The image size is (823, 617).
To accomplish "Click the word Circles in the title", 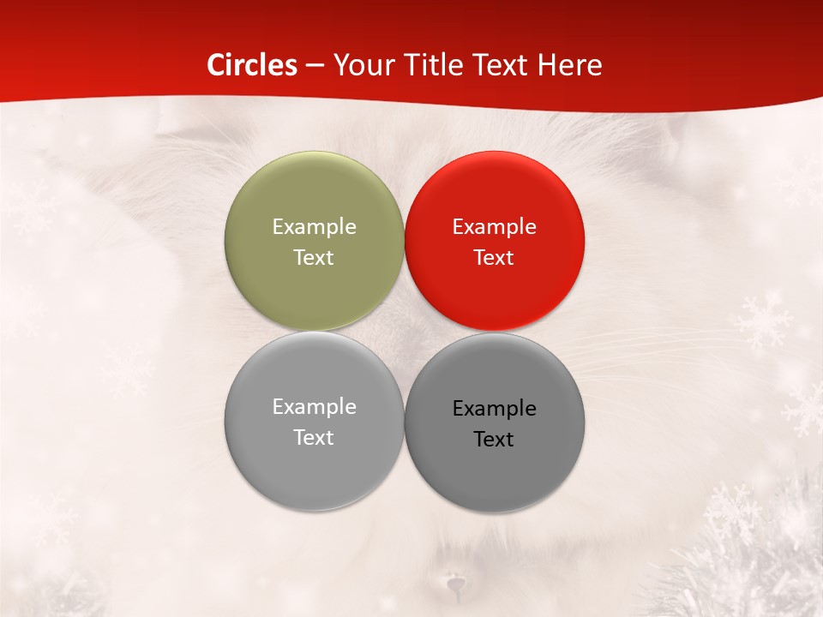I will pos(252,65).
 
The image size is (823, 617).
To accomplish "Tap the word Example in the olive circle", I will pos(314,226).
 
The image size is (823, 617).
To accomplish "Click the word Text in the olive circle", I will pos(314,257).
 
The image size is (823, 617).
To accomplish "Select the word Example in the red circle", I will pos(495,226).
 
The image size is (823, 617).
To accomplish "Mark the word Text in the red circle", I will pos(495,257).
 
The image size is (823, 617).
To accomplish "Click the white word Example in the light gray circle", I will pos(314,406).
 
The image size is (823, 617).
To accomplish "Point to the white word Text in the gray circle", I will pos(314,437).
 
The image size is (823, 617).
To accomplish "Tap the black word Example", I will pos(495,408).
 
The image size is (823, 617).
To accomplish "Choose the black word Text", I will pos(495,439).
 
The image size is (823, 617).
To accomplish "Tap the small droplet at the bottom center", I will pos(454,585).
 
